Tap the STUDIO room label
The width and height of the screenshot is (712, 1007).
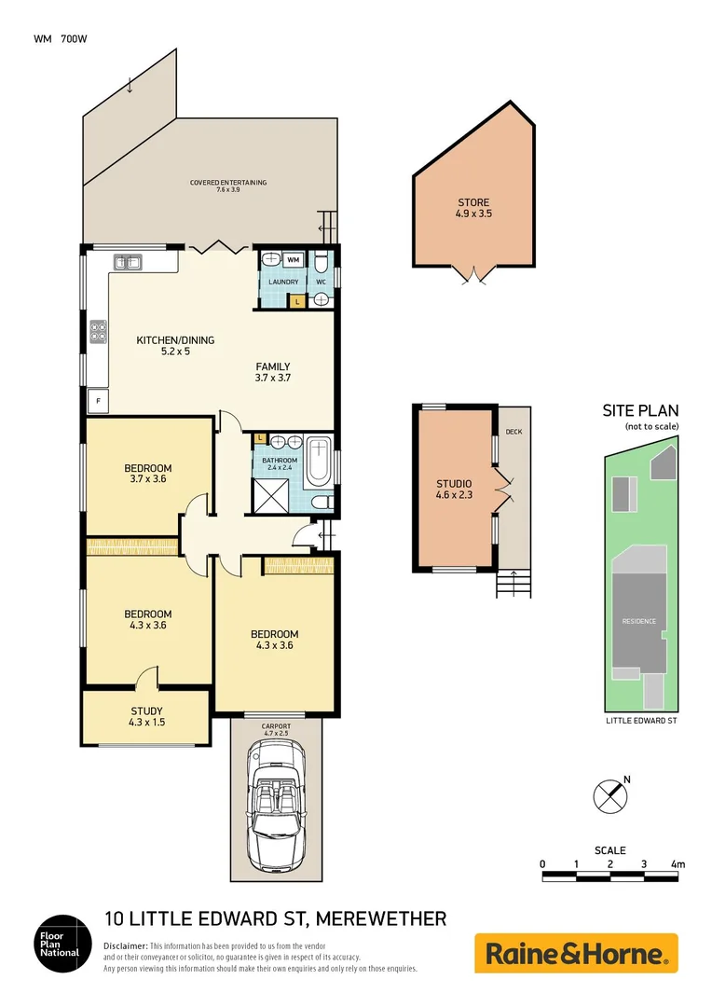454,490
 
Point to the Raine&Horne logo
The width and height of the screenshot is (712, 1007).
576,953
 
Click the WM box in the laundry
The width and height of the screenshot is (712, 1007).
293,259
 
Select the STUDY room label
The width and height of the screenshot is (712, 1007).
146,716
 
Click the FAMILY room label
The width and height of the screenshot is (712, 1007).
273,372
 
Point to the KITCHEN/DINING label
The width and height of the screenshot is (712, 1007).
175,346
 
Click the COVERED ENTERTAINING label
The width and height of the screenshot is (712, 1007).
228,186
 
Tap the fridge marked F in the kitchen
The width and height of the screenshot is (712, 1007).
96,402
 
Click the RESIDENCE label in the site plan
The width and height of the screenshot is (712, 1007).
639,621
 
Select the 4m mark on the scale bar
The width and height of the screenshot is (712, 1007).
678,864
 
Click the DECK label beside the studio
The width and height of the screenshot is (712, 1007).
513,433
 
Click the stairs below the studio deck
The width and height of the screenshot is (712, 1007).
513,585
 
